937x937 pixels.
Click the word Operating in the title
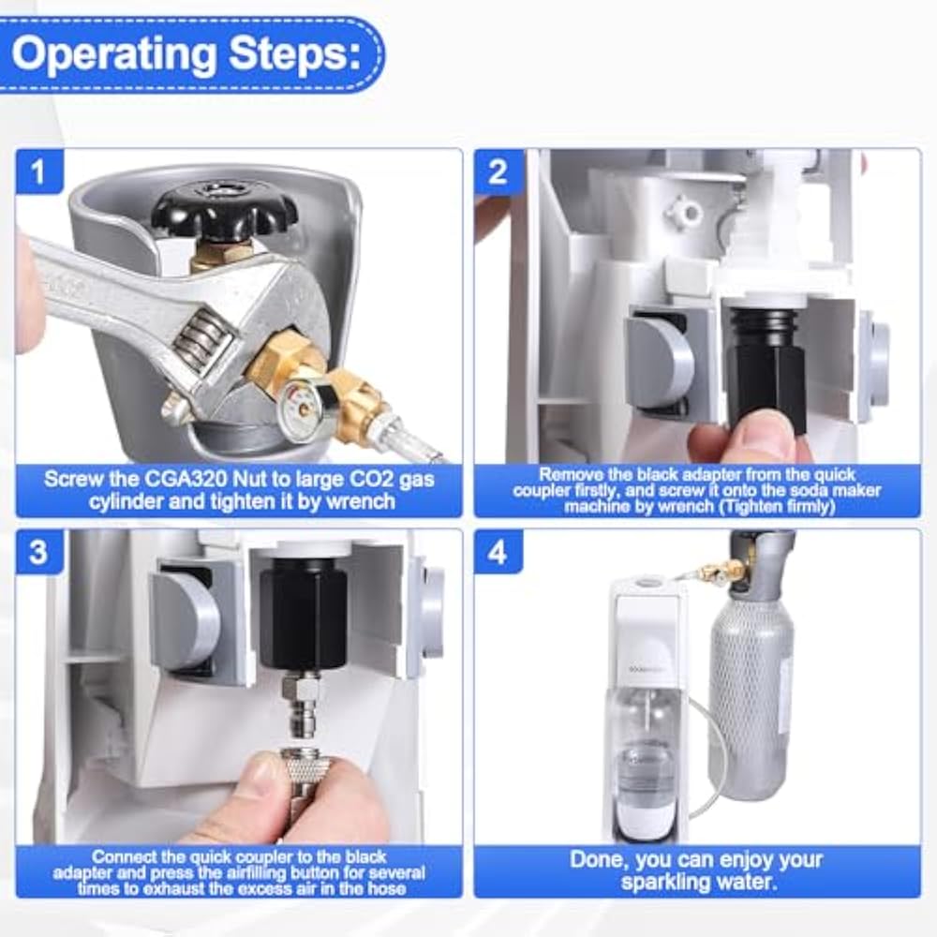pos(113,55)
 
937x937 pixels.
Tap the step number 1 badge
pos(38,171)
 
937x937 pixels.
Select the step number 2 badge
pos(498,171)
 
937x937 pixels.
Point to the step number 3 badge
pos(38,551)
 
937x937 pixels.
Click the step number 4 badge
pos(498,551)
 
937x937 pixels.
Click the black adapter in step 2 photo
pos(766,365)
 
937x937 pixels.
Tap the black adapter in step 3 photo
pos(303,613)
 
